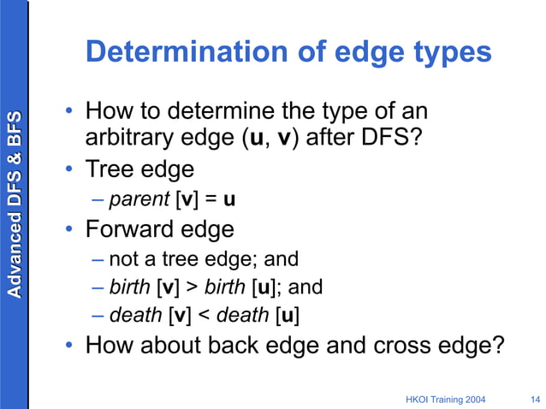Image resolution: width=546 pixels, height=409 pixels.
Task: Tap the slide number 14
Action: (x=535, y=399)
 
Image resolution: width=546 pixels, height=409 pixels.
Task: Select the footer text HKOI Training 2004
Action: (x=448, y=399)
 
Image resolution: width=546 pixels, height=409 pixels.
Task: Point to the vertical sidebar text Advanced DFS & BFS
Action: (x=14, y=203)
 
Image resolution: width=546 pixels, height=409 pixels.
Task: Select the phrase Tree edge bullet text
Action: (x=140, y=169)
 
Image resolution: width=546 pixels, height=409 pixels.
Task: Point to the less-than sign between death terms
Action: (x=204, y=316)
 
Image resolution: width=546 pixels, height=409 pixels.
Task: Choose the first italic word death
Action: (x=135, y=316)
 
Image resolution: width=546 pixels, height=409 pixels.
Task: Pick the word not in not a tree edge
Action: (x=122, y=258)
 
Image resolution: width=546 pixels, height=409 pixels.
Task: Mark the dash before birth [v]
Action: (x=98, y=287)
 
